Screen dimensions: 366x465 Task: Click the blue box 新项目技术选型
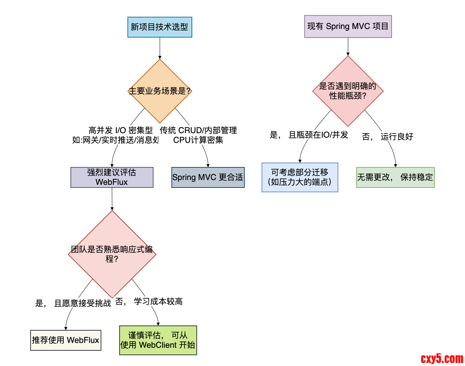click(159, 27)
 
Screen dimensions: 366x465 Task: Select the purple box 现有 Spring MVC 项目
click(348, 26)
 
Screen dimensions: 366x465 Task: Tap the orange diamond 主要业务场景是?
click(159, 91)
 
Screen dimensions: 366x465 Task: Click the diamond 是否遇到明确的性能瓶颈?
click(348, 91)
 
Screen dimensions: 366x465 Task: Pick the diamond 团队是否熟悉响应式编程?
click(112, 254)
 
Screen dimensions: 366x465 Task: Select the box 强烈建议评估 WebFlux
click(112, 177)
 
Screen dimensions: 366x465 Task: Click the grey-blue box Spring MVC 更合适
click(208, 177)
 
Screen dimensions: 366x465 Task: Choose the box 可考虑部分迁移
click(300, 177)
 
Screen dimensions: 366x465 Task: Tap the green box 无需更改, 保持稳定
click(395, 177)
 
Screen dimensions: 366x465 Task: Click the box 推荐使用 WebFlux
click(66, 340)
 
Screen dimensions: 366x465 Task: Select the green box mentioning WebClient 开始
click(158, 340)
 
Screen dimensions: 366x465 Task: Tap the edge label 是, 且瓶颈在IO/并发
click(309, 135)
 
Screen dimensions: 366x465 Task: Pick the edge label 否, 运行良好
click(387, 137)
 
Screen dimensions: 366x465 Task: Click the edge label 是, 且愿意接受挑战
click(73, 303)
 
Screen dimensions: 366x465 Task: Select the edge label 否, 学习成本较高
click(149, 301)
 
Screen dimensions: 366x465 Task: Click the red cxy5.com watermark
click(442, 359)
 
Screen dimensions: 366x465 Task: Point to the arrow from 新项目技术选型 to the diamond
click(160, 48)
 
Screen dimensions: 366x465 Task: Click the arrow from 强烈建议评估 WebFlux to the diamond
click(112, 199)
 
